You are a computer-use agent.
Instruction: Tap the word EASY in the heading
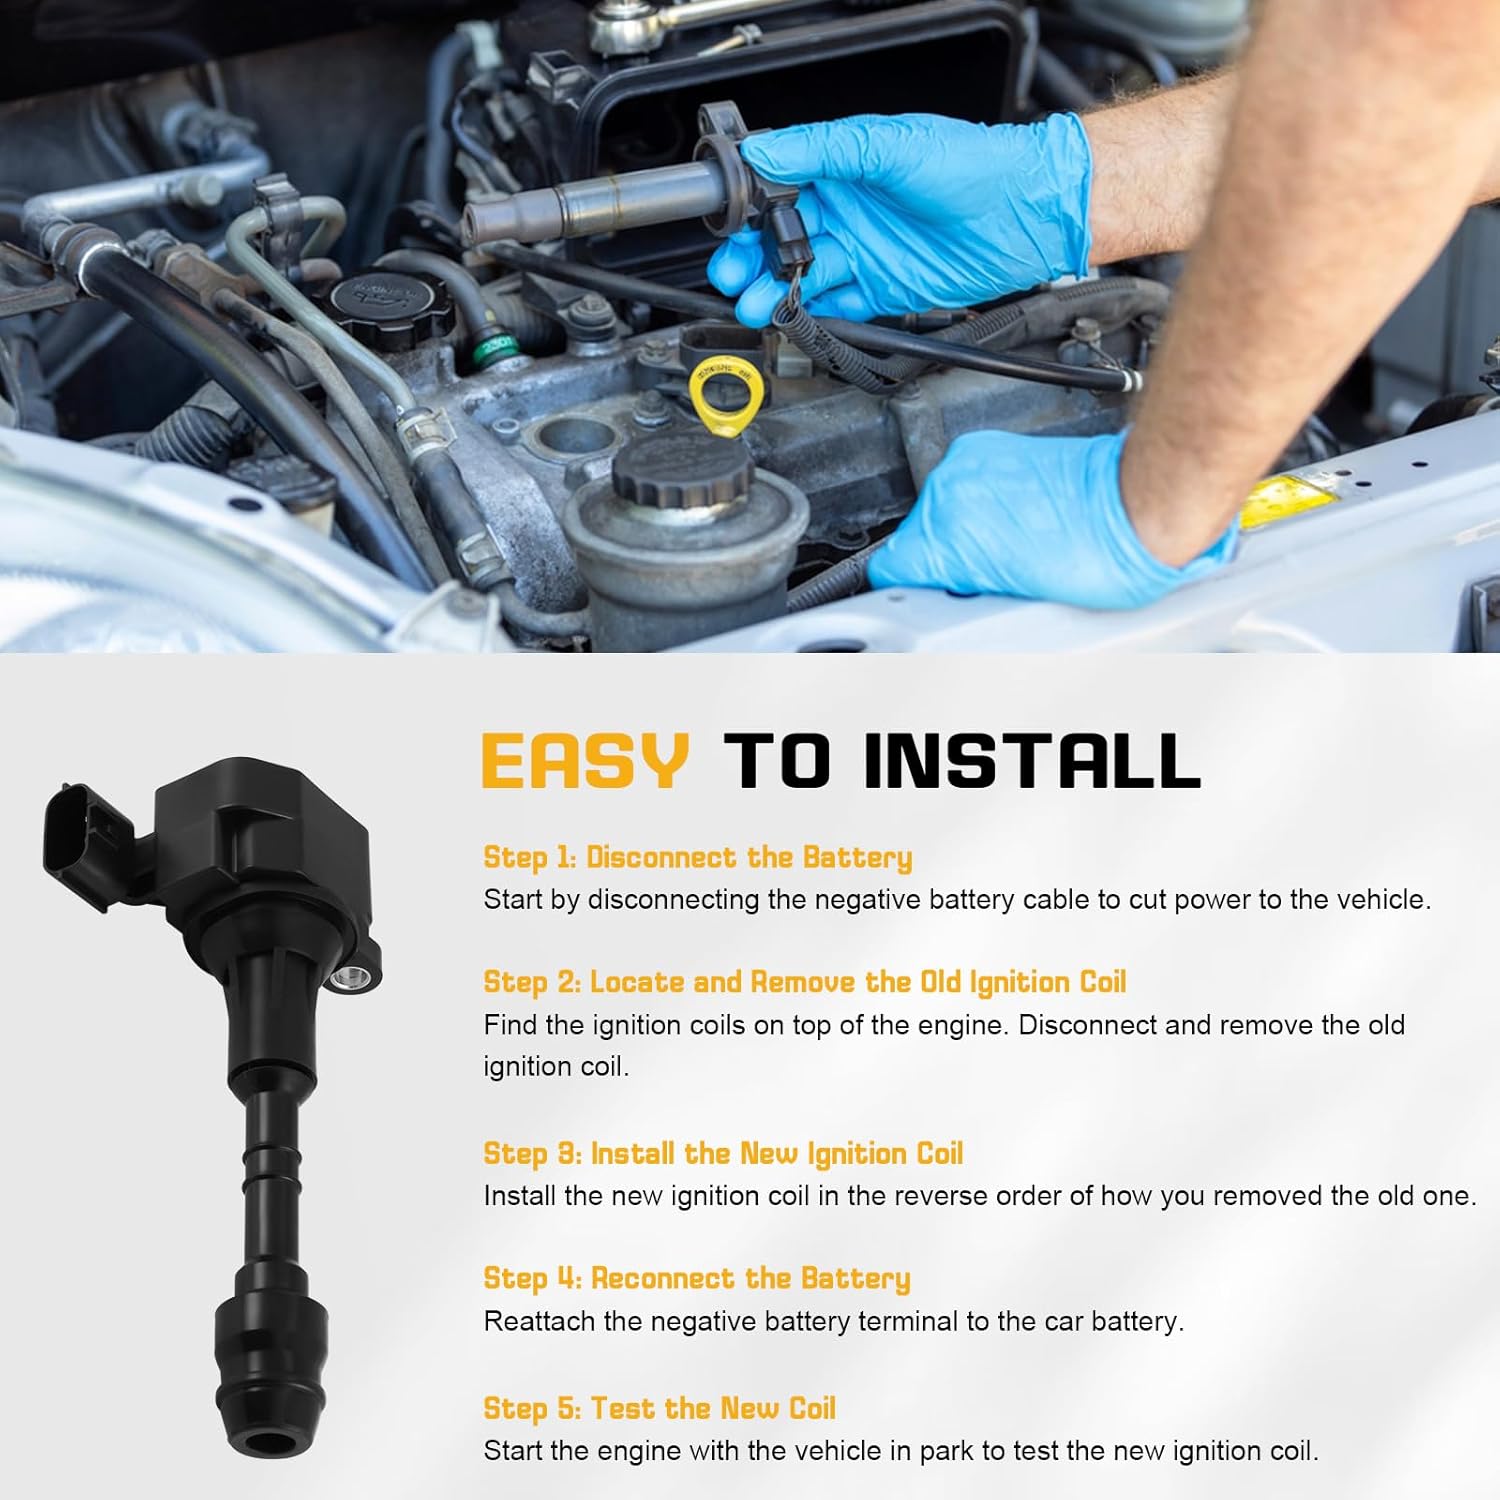tap(585, 760)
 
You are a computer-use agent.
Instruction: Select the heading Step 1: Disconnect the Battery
tap(697, 857)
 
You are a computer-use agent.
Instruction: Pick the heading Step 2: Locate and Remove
tap(804, 982)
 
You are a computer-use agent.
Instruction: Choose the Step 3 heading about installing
tap(722, 1153)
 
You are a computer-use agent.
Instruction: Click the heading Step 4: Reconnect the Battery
tap(696, 1278)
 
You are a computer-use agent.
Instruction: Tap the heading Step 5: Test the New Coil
tap(659, 1408)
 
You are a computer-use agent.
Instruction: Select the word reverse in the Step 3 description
tap(915, 1196)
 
